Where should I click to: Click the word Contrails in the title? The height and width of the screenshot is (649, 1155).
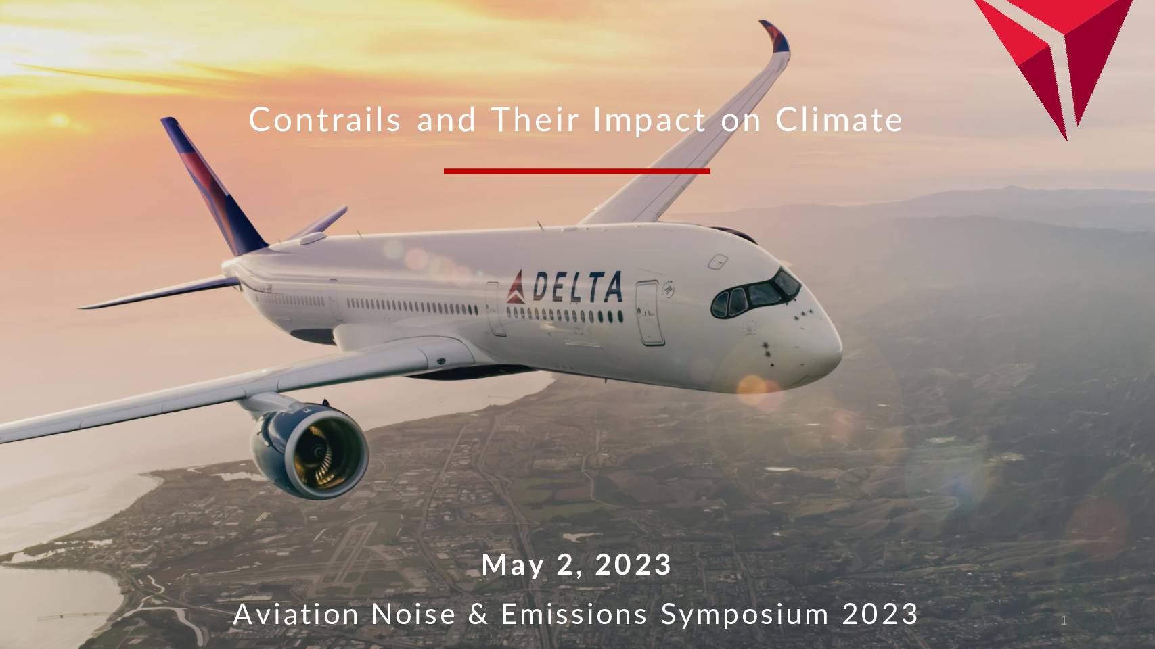click(x=325, y=120)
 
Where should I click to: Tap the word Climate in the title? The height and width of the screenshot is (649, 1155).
click(x=839, y=120)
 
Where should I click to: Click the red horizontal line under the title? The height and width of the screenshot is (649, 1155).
click(x=577, y=171)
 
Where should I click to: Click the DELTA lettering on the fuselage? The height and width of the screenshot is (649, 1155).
click(x=577, y=287)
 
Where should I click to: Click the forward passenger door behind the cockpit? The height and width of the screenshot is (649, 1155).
click(x=650, y=313)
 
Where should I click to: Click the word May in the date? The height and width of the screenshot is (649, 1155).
click(x=512, y=566)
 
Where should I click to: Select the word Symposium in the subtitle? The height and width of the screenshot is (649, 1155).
click(x=744, y=615)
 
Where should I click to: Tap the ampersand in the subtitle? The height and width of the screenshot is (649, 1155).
click(x=478, y=614)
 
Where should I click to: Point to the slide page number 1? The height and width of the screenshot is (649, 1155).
click(x=1064, y=621)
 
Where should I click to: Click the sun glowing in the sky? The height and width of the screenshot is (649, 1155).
click(x=59, y=120)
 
